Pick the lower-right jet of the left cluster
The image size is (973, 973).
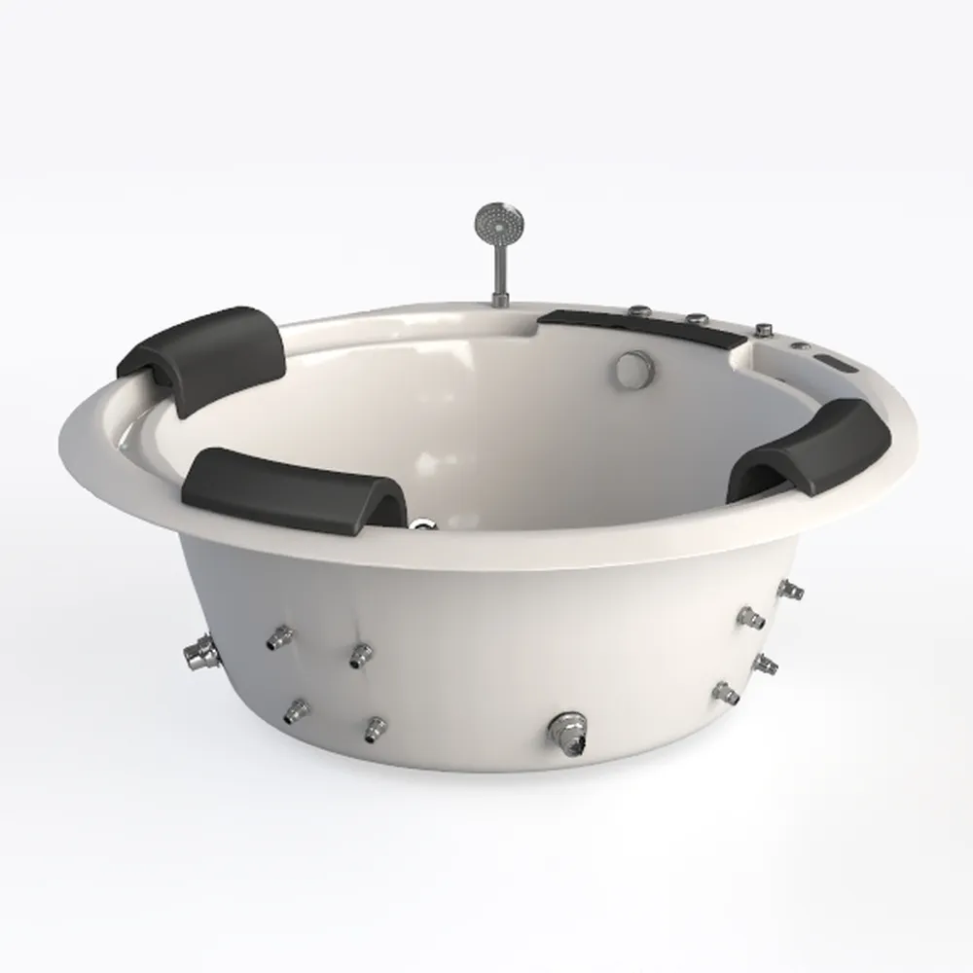[372, 728]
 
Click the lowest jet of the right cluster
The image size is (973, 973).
[725, 693]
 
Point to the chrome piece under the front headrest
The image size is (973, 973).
[420, 526]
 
